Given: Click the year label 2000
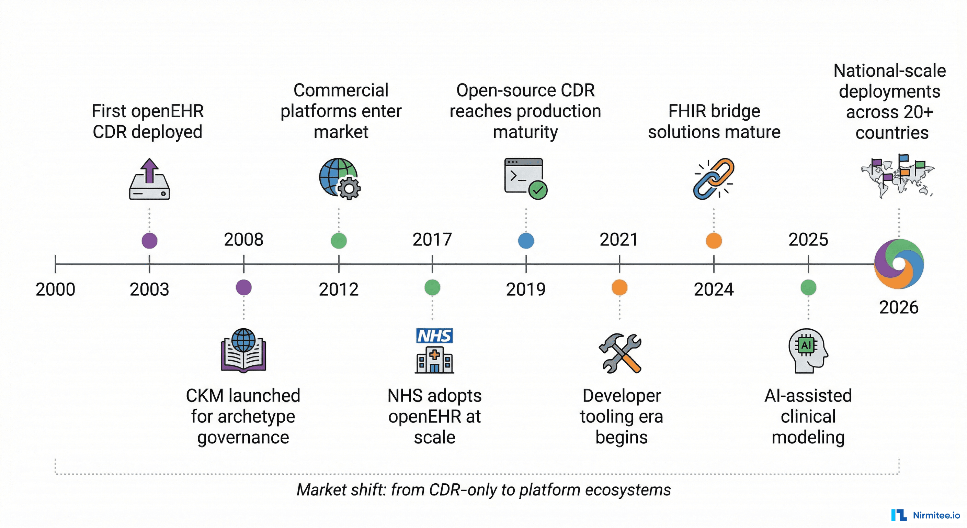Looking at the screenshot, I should click(56, 289).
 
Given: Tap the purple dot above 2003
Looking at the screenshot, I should click(149, 241).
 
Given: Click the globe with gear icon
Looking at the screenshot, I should click(339, 178).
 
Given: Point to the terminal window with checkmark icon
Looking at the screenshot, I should click(525, 178).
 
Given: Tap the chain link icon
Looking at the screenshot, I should click(713, 178).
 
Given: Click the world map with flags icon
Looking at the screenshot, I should click(898, 176).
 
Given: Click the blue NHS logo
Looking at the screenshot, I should click(434, 335).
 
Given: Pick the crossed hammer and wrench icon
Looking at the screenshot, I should click(620, 353).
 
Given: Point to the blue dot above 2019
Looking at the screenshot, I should click(526, 241).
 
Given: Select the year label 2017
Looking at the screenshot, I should click(432, 240).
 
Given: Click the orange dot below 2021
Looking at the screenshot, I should click(619, 287).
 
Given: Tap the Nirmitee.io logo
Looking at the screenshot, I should click(925, 515).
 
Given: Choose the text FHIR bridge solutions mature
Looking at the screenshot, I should click(714, 121).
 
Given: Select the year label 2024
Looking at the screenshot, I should click(714, 289).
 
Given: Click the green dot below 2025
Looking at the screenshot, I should click(808, 287).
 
